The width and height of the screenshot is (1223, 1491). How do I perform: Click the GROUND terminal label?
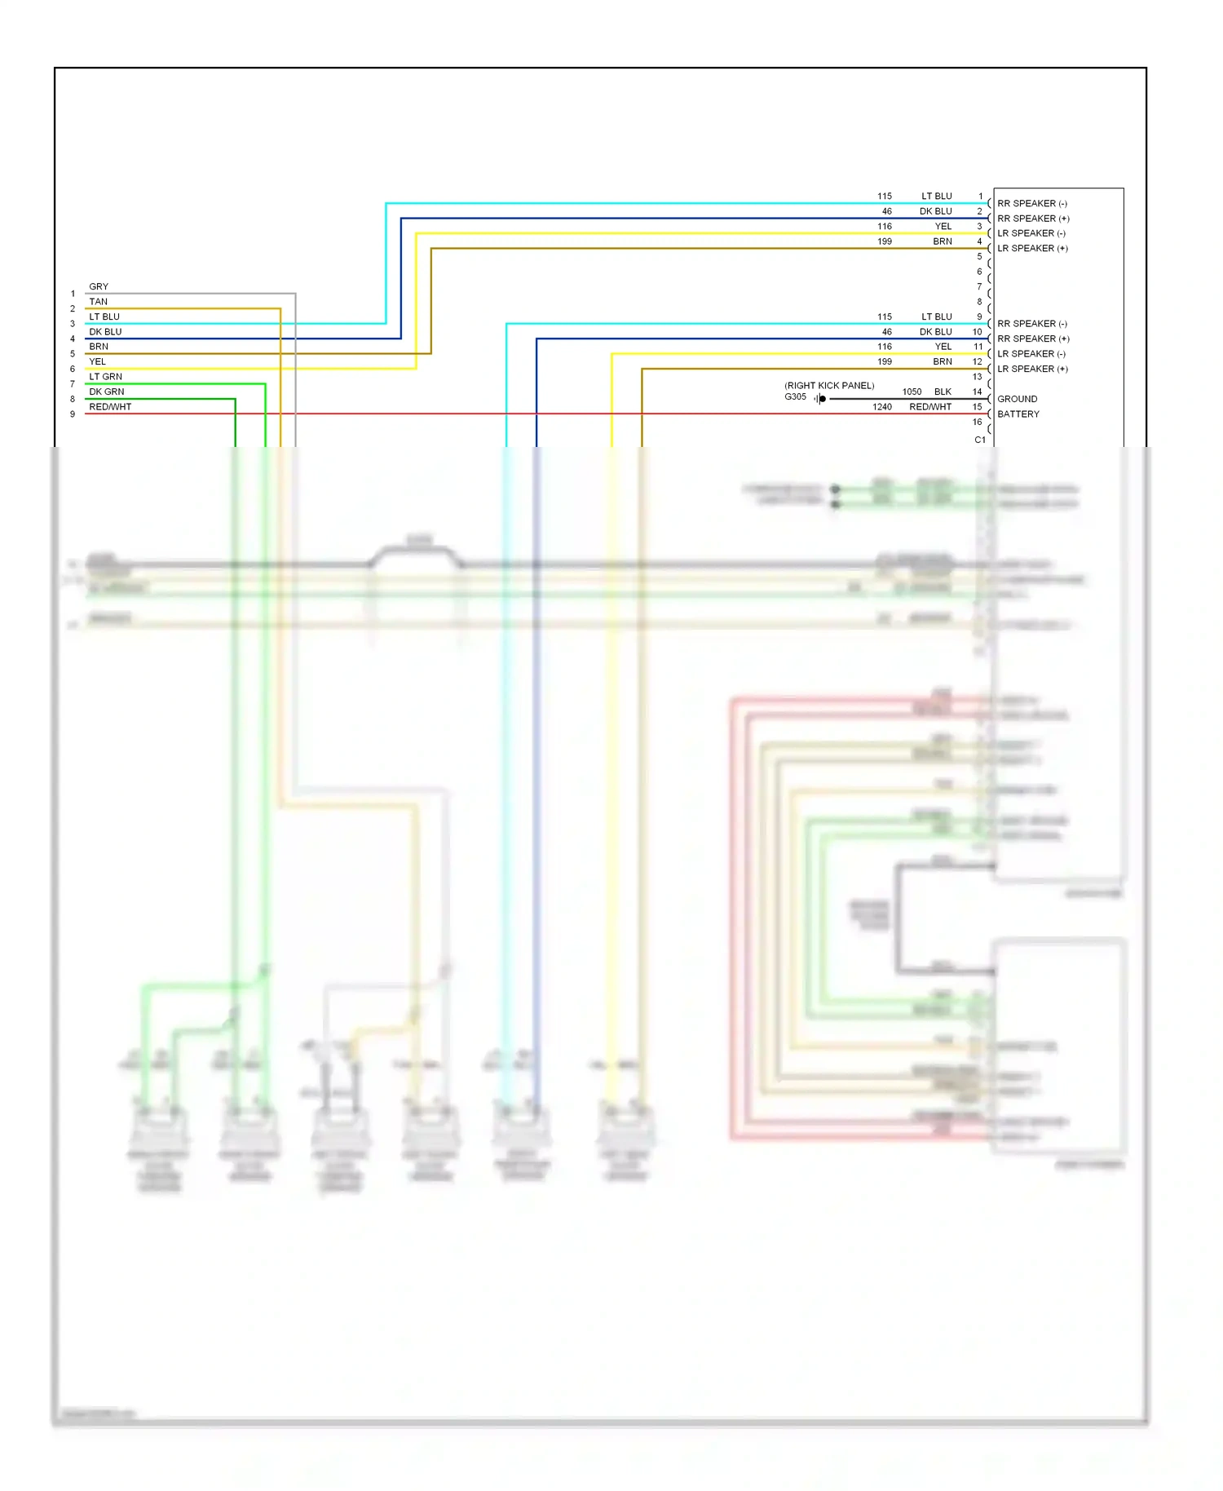pos(1017,399)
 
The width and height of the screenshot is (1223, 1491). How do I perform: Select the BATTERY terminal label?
pos(1018,414)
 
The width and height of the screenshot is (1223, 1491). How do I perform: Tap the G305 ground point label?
pos(795,397)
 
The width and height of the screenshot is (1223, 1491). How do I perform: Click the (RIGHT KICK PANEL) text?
pos(828,386)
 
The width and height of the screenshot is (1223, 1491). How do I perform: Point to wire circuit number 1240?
pos(881,407)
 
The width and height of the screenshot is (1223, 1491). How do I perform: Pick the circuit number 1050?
pos(911,392)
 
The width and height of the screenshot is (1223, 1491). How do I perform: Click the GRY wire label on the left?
pos(99,287)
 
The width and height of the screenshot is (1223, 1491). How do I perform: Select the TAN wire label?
pos(98,302)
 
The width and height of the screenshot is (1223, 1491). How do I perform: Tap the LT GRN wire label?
pos(105,377)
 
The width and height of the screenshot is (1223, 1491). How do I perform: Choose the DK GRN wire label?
pos(107,392)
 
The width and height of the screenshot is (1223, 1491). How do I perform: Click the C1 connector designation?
pos(980,440)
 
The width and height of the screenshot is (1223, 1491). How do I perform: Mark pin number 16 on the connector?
pos(977,423)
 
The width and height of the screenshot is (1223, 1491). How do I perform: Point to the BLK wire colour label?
pos(943,392)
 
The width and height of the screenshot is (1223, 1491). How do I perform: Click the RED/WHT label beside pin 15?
pos(930,407)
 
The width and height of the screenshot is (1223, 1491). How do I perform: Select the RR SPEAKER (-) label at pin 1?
pos(1031,204)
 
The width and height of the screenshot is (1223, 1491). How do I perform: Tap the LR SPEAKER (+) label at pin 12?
pos(1031,369)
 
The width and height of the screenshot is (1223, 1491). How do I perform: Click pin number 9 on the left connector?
pos(73,414)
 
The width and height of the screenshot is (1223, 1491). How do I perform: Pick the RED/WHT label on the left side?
pos(110,407)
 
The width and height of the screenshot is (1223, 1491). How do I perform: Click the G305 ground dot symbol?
pos(822,399)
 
